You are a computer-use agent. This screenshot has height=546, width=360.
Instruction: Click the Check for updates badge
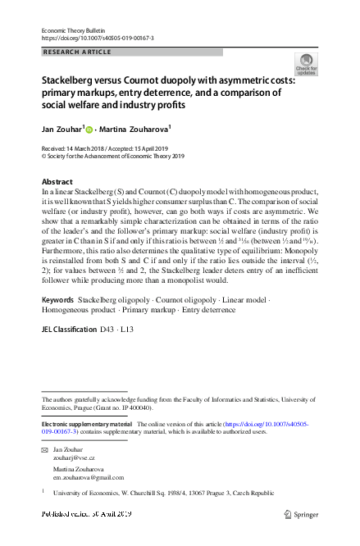306,64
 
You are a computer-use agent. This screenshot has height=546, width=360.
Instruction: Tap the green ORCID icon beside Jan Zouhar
89,130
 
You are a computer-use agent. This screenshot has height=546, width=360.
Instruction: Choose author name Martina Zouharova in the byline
134,130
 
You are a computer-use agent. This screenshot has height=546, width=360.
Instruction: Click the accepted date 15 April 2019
161,145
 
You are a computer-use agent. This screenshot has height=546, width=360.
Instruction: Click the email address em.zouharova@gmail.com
89,477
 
